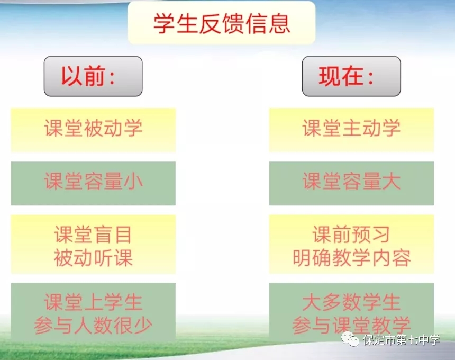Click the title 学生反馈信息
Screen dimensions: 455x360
coord(222,23)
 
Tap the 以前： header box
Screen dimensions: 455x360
coord(93,76)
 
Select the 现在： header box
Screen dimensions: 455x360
coord(351,76)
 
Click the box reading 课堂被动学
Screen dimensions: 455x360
coord(93,130)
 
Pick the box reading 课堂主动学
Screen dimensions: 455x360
coord(351,130)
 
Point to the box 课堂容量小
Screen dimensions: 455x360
coord(93,184)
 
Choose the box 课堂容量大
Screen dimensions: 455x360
coord(351,184)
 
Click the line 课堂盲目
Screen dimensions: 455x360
coord(93,235)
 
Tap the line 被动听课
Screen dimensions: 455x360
coord(93,257)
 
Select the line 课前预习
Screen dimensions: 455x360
coord(351,235)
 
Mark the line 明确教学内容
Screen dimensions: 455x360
coord(351,257)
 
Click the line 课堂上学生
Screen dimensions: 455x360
coord(93,302)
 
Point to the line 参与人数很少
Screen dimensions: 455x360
coord(93,326)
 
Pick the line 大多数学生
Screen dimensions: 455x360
coord(351,302)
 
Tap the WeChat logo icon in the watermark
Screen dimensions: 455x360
coord(350,339)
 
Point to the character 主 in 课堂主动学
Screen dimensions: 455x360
coord(351,128)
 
